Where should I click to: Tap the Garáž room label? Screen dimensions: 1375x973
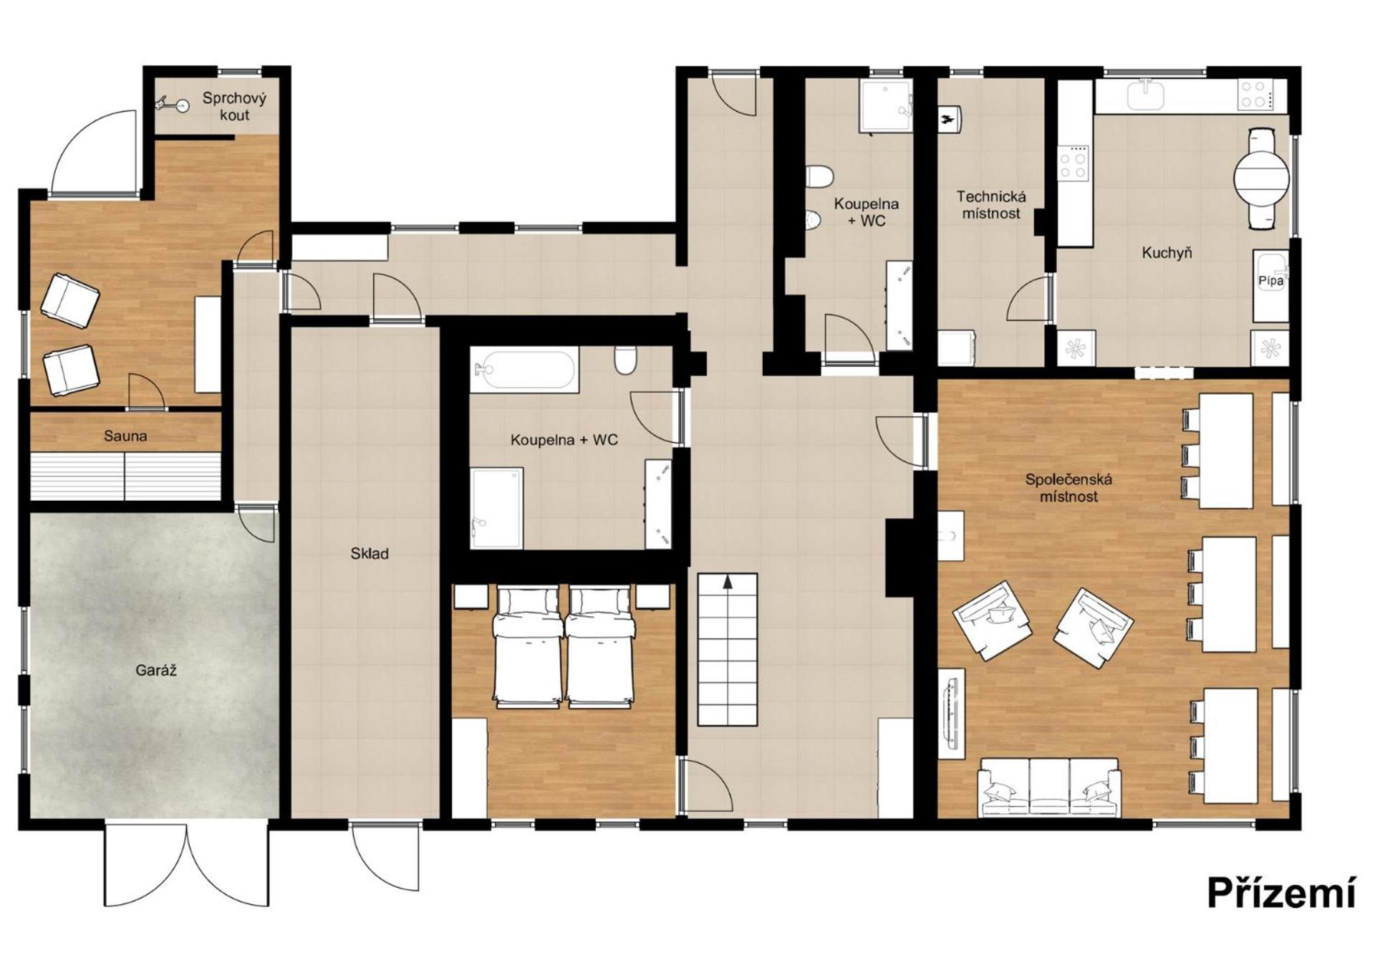pos(155,671)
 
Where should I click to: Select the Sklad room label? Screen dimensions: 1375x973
pos(370,553)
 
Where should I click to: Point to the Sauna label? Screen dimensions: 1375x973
pos(125,436)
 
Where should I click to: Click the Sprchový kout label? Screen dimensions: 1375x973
pos(234,106)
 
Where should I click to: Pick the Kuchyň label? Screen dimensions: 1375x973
pos(1167,252)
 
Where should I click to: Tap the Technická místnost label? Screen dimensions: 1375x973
pos(991,205)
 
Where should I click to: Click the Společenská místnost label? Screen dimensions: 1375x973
pos(1068,488)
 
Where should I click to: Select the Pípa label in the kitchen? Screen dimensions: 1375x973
pos(1271,281)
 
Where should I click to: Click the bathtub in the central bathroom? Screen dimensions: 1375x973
pos(525,370)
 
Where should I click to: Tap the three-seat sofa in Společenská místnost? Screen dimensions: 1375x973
pos(1049,787)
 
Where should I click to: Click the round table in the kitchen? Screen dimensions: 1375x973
pos(1261,177)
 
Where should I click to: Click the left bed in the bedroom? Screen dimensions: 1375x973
pos(527,647)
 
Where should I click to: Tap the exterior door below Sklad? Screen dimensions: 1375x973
pos(385,857)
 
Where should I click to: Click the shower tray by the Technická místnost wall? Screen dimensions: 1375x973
pos(885,106)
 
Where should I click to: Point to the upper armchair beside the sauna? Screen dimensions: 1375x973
pos(69,302)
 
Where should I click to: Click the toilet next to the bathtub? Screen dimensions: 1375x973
pos(625,360)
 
